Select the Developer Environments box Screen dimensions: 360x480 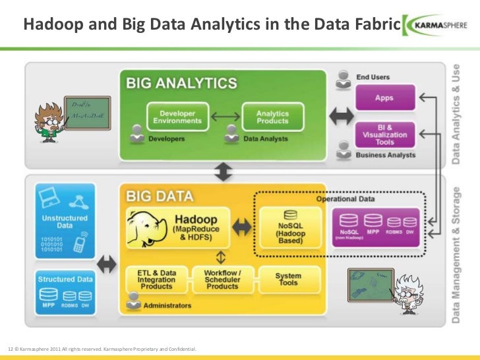coord(177,117)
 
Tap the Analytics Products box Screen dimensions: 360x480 coord(272,117)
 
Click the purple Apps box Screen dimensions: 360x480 coord(384,97)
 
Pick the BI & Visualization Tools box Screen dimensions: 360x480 coord(384,134)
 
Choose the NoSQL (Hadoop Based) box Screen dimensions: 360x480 coord(290,227)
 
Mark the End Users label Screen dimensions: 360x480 coord(373,77)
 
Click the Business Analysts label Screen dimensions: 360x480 coord(386,155)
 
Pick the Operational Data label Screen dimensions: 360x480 coord(345,199)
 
